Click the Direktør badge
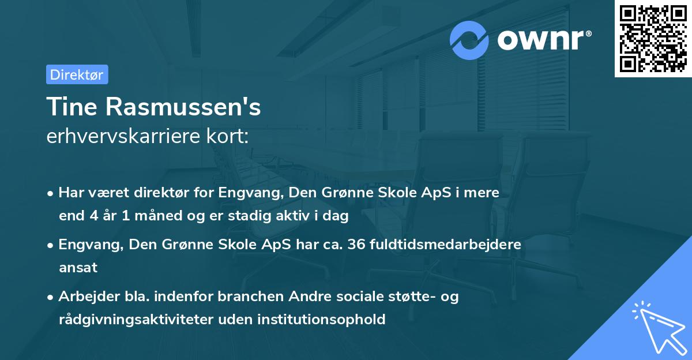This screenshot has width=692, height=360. pyautogui.click(x=77, y=74)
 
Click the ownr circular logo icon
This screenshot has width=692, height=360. pyautogui.click(x=469, y=40)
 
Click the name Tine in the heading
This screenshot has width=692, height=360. pyautogui.click(x=71, y=107)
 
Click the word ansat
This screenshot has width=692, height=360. pyautogui.click(x=78, y=268)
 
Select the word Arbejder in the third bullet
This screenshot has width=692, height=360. pyautogui.click(x=85, y=297)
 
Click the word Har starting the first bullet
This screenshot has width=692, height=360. pyautogui.click(x=70, y=192)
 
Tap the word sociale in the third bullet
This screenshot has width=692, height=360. pyautogui.click(x=366, y=297)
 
